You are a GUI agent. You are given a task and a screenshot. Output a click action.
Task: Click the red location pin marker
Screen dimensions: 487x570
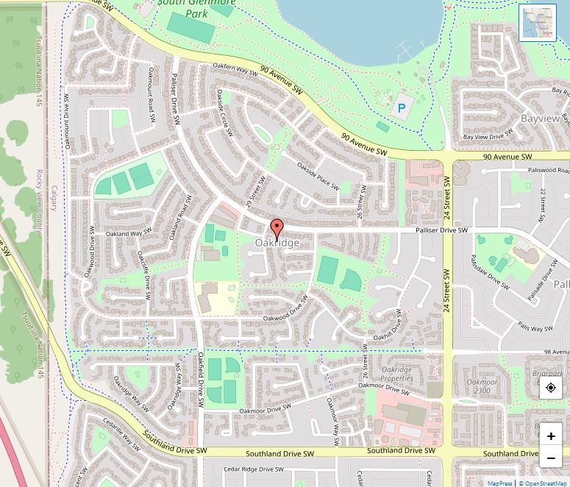pyautogui.click(x=277, y=228)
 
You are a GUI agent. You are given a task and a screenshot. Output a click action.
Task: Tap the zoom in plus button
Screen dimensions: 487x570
pyautogui.click(x=551, y=436)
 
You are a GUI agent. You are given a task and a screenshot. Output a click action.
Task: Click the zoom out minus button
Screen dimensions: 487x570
pyautogui.click(x=551, y=459)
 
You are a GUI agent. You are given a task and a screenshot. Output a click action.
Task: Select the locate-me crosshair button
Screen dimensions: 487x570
pyautogui.click(x=551, y=387)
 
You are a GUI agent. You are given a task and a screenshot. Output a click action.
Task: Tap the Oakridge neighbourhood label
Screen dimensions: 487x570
pyautogui.click(x=277, y=243)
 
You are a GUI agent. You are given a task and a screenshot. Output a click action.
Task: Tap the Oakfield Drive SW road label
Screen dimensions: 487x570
pyautogui.click(x=200, y=377)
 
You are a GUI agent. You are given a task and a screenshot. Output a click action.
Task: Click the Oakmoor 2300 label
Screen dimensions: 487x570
pyautogui.click(x=482, y=386)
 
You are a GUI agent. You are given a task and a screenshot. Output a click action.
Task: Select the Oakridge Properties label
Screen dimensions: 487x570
pyautogui.click(x=397, y=374)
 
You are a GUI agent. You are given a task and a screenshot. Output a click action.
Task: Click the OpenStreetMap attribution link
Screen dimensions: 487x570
pyautogui.click(x=544, y=483)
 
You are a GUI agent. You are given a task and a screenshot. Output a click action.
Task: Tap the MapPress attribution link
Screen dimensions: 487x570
pyautogui.click(x=500, y=483)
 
